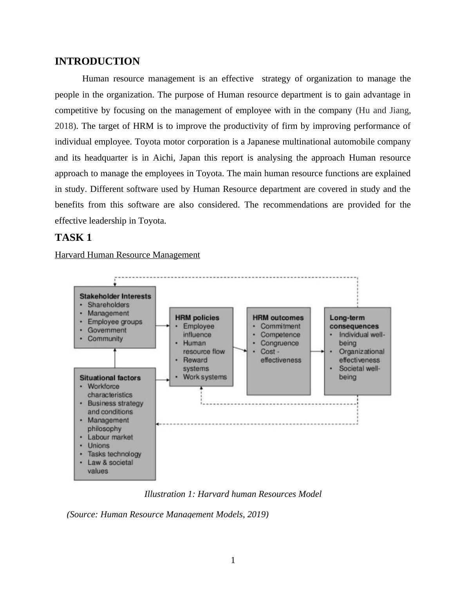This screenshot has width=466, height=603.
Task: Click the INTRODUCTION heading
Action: pos(97,61)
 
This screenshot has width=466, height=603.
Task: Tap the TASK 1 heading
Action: pos(73,238)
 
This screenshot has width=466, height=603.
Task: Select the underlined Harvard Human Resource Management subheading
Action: pos(127,255)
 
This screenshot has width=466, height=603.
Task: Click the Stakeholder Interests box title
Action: pos(115,296)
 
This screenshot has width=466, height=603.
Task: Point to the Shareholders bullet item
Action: pos(108,305)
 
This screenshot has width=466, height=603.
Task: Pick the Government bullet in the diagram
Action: pos(107,330)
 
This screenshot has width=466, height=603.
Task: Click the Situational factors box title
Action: pos(110,378)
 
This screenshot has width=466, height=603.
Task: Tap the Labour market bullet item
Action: pos(110,437)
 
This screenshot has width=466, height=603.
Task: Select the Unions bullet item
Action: pos(98,446)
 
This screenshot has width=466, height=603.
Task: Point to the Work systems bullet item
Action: pos(204,377)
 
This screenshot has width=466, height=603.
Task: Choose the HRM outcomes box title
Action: pos(278,318)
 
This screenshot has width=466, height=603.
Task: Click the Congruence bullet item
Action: pos(279,343)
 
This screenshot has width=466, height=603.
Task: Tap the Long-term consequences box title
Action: pos(354,322)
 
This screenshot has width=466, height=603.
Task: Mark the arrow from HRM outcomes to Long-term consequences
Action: pos(317,351)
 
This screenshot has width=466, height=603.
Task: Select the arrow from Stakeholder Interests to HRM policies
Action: pos(163,325)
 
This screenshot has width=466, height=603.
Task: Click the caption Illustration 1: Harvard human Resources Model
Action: pos(233,494)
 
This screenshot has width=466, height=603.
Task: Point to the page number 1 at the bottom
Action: pos(233,560)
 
